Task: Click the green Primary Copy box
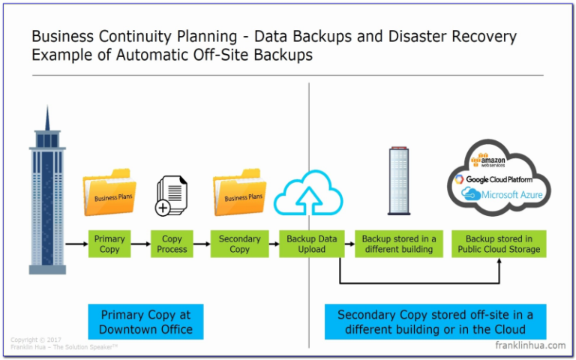tap(109, 244)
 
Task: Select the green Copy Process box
tap(172, 244)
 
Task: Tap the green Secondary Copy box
tap(239, 244)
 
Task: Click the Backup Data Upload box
tap(312, 244)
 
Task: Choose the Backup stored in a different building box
tap(398, 244)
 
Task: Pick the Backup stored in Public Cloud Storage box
tap(499, 244)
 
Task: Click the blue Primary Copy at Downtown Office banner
tap(145, 322)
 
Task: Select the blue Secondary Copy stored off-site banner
tap(435, 322)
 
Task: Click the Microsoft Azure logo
tap(502, 195)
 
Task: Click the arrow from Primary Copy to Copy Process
tap(140, 244)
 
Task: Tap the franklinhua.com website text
tap(530, 345)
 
